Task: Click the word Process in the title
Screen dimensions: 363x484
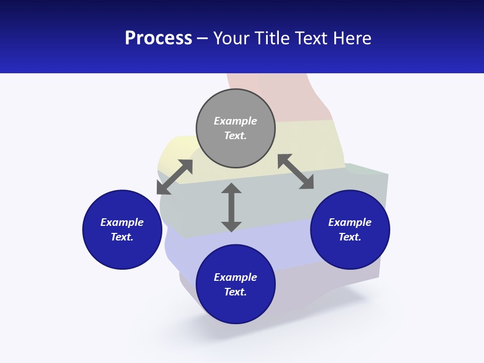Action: tap(158, 38)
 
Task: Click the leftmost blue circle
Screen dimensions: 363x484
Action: tap(122, 229)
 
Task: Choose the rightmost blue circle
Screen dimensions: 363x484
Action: tap(350, 229)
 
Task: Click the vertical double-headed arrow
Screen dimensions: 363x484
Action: tap(231, 207)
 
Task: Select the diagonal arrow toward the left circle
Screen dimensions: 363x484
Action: tap(174, 177)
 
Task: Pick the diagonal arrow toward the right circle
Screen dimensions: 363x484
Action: tap(295, 171)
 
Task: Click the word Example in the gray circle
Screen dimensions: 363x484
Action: tap(235, 121)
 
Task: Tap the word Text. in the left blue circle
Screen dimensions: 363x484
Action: tap(122, 237)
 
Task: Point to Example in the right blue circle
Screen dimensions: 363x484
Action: tap(350, 222)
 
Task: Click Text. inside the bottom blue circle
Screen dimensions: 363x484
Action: tap(235, 292)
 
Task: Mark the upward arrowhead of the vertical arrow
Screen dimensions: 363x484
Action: tap(231, 189)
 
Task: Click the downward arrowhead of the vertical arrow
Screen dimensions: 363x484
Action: tap(231, 226)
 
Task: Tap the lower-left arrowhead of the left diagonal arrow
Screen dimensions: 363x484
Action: tap(162, 189)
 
